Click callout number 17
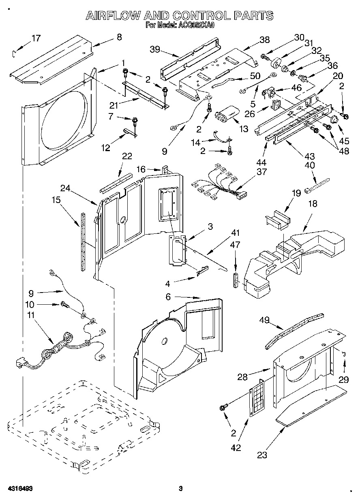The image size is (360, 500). [x=36, y=38]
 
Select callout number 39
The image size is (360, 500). [x=154, y=49]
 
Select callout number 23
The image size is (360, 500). [x=262, y=455]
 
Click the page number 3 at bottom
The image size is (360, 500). [x=181, y=489]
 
